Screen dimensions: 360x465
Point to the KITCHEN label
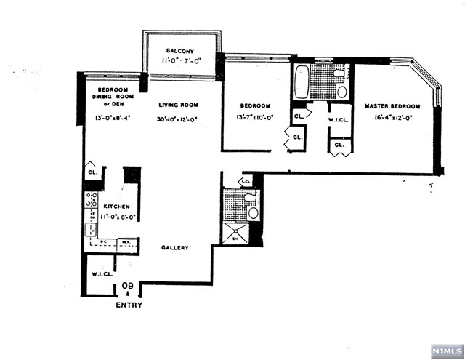[117, 207]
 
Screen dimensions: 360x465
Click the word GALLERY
[175, 248]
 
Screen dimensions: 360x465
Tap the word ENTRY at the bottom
[129, 305]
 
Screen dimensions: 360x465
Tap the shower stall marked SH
[234, 233]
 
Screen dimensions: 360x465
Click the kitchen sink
[93, 230]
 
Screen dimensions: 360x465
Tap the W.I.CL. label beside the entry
[100, 274]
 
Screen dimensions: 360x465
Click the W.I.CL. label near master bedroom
[338, 121]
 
